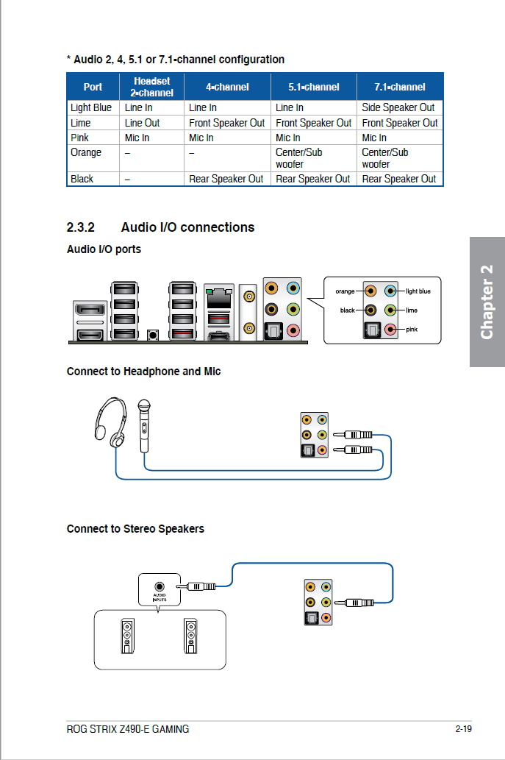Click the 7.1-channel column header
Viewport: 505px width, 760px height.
point(399,87)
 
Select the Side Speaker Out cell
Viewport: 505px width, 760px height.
point(398,107)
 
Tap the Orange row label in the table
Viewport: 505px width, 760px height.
point(86,152)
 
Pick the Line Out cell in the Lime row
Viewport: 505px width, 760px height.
point(142,123)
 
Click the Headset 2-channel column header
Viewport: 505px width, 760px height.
point(151,87)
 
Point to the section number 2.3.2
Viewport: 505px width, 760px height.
point(82,227)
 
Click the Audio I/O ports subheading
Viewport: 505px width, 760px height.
point(104,249)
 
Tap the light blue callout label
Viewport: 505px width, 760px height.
point(418,291)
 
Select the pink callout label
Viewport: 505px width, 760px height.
point(412,329)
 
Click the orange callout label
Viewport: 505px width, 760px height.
point(345,291)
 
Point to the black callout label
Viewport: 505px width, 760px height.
point(347,310)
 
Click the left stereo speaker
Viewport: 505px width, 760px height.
point(129,634)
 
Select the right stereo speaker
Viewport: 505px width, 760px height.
point(191,634)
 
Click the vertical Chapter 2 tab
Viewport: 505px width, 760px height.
point(487,302)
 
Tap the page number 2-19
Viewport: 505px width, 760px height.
point(462,729)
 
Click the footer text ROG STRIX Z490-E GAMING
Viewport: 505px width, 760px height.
point(127,729)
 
